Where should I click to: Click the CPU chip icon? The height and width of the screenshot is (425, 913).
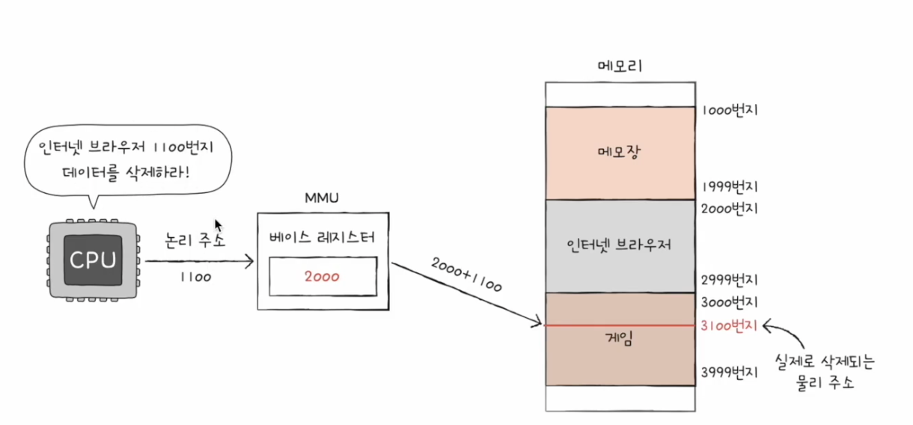point(93,260)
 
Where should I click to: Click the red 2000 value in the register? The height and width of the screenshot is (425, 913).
point(323,277)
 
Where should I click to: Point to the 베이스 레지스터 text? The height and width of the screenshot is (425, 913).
point(322,237)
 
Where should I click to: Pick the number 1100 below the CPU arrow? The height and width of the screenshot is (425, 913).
point(196,277)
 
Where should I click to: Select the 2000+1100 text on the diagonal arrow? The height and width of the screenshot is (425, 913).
point(466,275)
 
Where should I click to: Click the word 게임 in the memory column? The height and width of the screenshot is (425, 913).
point(620,340)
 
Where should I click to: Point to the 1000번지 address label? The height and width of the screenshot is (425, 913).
point(729,111)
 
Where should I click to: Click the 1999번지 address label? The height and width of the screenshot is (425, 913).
point(729,186)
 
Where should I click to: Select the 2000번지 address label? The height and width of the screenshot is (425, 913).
point(729,209)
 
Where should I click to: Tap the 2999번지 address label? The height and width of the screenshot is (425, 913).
point(729,280)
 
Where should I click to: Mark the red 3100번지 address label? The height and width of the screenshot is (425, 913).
point(729,326)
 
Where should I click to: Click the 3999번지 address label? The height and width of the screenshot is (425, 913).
point(729,372)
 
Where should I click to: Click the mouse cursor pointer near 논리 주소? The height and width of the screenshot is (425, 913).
point(218,225)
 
